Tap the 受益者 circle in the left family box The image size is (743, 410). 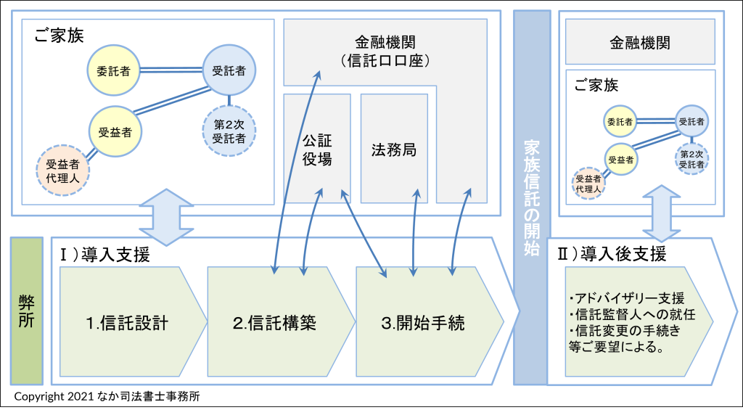[x=115, y=132]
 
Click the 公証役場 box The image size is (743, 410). [x=317, y=148]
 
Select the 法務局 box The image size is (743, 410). [x=393, y=149]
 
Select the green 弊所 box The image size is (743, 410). [x=27, y=311]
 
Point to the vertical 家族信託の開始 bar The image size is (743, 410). [x=531, y=196]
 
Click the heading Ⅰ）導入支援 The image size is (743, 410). [x=105, y=254]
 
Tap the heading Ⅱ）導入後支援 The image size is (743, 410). [x=611, y=254]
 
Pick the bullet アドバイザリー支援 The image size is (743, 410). [x=627, y=299]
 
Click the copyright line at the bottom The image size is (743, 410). [x=107, y=396]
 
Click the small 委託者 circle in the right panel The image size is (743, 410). [x=620, y=120]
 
